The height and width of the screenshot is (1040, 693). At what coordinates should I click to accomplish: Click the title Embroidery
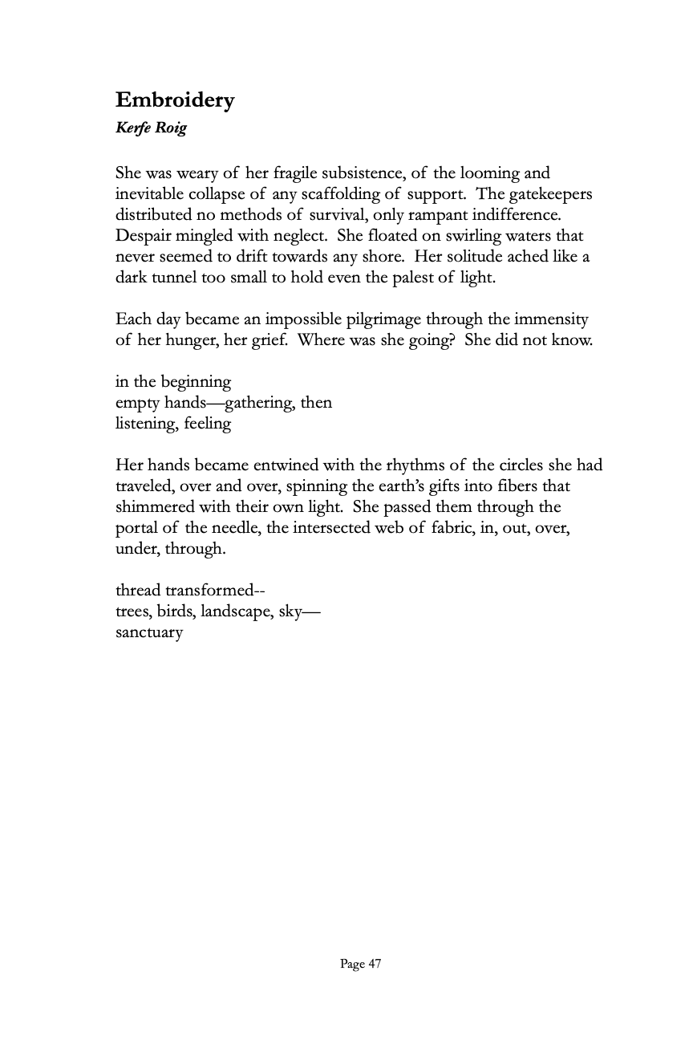pyautogui.click(x=175, y=100)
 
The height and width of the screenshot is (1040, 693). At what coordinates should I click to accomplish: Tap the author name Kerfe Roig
pyautogui.click(x=151, y=128)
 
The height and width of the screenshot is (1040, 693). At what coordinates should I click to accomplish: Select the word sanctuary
pyautogui.click(x=149, y=632)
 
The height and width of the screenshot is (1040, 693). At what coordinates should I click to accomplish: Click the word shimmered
pyautogui.click(x=154, y=507)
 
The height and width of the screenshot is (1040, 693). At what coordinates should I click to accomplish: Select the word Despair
pyautogui.click(x=143, y=236)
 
